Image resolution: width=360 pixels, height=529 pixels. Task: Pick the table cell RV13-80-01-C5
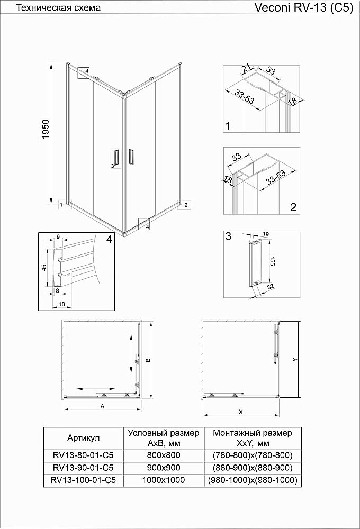[84, 454]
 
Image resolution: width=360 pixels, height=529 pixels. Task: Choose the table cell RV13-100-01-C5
[84, 480]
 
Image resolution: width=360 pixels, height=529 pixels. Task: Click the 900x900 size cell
[164, 468]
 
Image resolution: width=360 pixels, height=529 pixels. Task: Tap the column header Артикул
[84, 437]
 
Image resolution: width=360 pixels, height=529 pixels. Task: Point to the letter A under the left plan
[101, 406]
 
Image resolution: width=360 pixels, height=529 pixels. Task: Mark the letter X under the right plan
[240, 412]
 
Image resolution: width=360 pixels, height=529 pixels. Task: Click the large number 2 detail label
[293, 207]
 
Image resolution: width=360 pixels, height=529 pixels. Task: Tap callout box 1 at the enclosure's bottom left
[62, 204]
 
